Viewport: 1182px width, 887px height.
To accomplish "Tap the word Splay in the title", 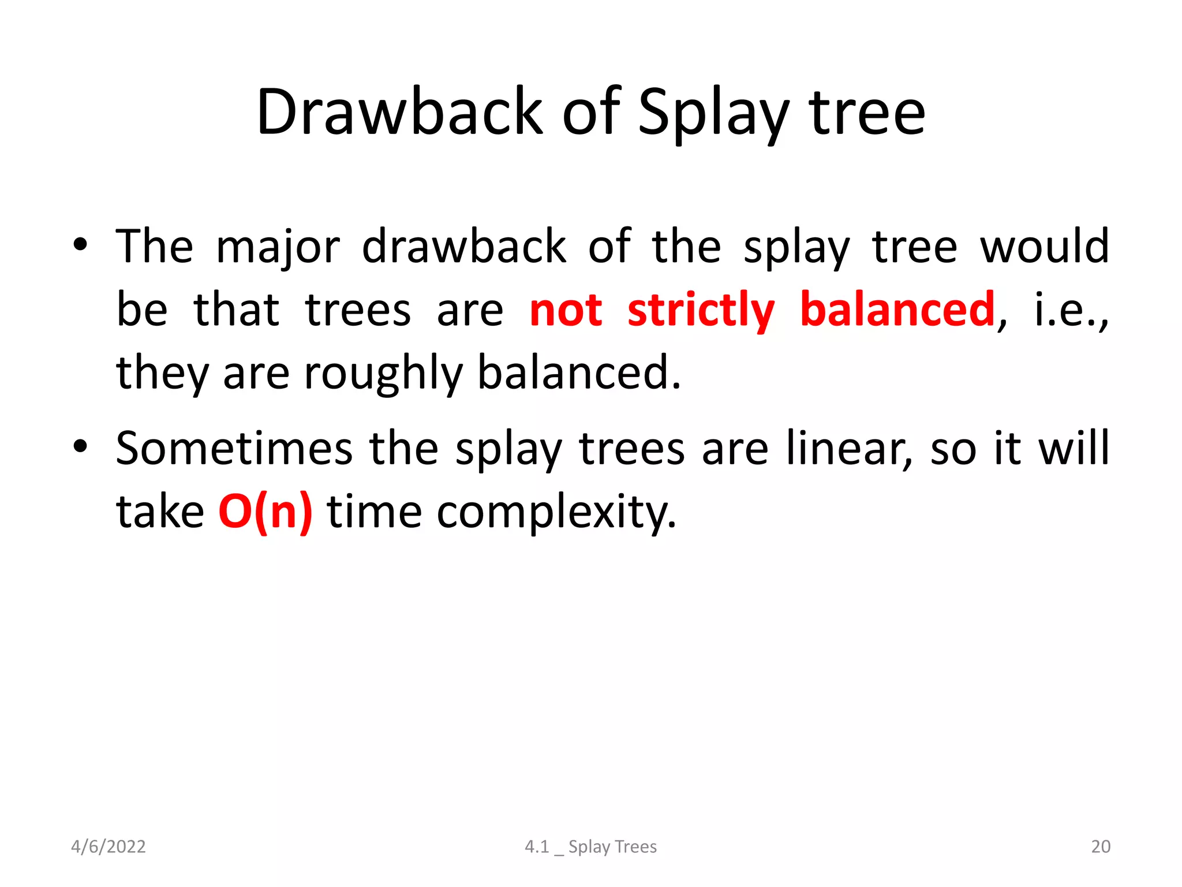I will [x=713, y=113].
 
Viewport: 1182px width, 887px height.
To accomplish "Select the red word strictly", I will [x=701, y=310].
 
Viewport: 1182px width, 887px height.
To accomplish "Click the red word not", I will [x=566, y=310].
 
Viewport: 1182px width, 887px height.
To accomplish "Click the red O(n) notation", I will [x=265, y=512].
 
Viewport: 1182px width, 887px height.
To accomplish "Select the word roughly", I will [x=383, y=374].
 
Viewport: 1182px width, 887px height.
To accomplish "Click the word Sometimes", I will [x=234, y=448].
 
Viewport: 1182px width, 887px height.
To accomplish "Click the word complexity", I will [x=556, y=513].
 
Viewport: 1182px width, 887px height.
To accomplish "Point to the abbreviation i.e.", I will [x=1069, y=310].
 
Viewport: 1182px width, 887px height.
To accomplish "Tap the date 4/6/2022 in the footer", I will [x=108, y=847].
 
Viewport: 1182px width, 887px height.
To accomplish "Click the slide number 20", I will [x=1101, y=847].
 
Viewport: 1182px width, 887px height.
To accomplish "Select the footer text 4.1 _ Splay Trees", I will [x=590, y=847].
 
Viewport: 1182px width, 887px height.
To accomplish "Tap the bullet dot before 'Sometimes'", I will [x=80, y=446].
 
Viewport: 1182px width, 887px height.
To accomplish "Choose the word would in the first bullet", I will [x=1045, y=247].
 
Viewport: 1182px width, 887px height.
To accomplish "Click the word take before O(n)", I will [x=160, y=512].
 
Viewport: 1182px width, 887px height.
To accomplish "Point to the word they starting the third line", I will [x=162, y=374].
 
